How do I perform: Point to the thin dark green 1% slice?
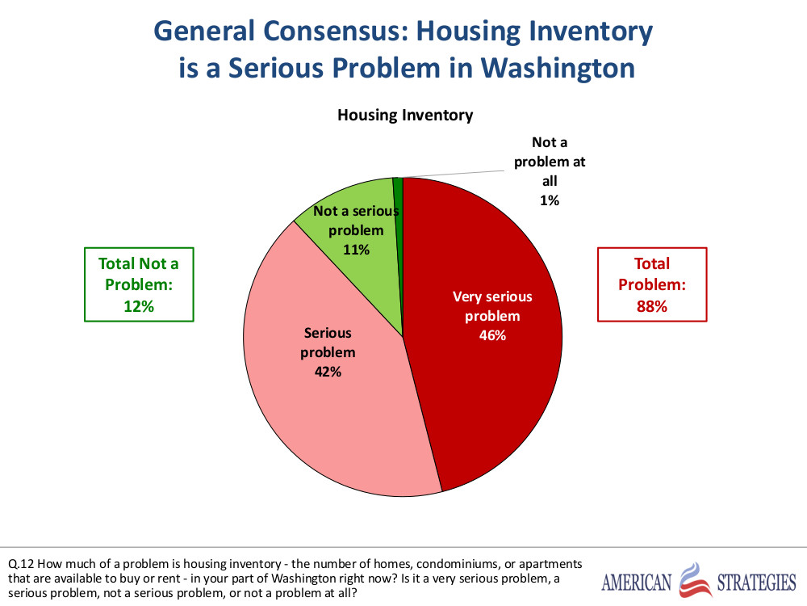pos(398,194)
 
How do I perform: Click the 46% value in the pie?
pos(491,335)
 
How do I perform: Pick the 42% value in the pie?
pos(328,372)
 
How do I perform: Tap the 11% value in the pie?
pos(356,250)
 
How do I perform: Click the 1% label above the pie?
pos(550,200)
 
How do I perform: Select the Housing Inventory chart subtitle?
pos(404,115)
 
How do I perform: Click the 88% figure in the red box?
pos(651,306)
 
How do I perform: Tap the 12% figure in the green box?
pos(138,306)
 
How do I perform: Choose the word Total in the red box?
pos(651,263)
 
